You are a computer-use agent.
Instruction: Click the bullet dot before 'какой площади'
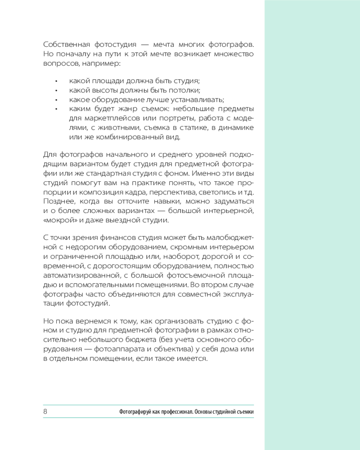56,81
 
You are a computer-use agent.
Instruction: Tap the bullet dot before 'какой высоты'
56,91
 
